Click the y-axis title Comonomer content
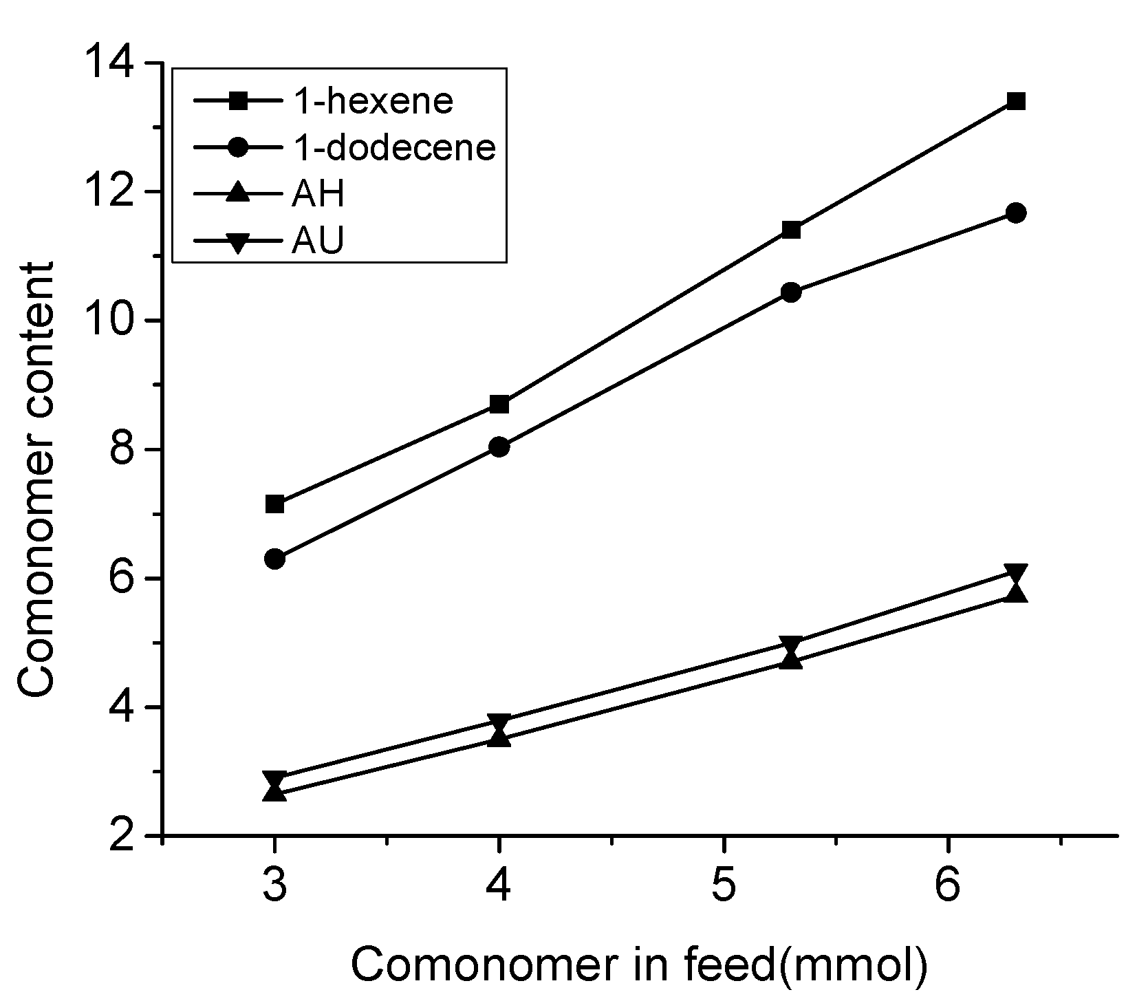[36, 480]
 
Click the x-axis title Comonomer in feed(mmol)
[640, 965]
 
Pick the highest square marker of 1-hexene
[1016, 102]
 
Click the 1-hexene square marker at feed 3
[274, 504]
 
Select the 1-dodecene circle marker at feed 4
[499, 447]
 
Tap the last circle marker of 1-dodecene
[1016, 213]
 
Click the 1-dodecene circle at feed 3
[274, 559]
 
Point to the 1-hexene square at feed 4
[499, 404]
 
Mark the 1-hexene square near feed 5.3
[792, 230]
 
